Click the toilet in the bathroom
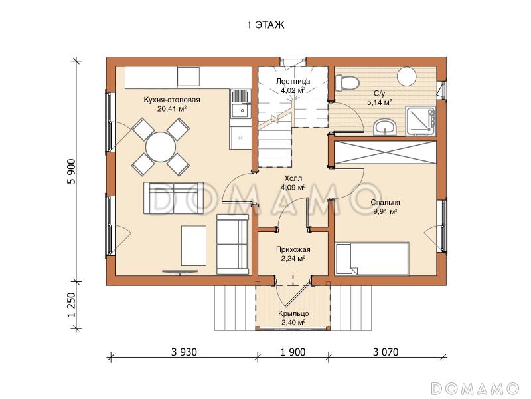tap(346, 83)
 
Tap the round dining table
tap(161, 147)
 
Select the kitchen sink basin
tap(241, 110)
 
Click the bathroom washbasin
tap(385, 127)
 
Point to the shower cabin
tap(421, 121)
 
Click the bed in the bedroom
tap(372, 259)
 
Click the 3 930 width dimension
tap(184, 352)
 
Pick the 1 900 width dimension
tap(293, 352)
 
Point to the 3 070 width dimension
tap(386, 352)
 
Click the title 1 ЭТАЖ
tap(265, 25)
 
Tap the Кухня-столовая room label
tap(172, 100)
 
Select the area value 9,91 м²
tap(385, 211)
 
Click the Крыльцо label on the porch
tap(293, 313)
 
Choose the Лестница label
tap(293, 81)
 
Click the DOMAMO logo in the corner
tap(475, 388)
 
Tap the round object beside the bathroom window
tap(407, 76)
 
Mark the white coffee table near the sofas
tap(194, 245)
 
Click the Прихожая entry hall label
tap(293, 249)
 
